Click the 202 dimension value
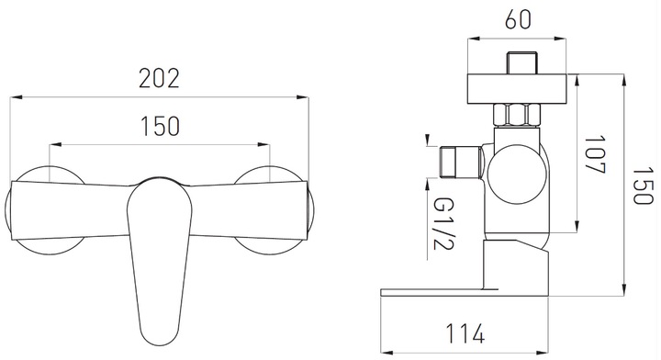pos(160,78)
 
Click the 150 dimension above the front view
pos(160,126)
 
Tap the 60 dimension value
pos(518,19)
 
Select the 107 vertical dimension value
pos(595,154)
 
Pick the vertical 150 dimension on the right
pos(643,186)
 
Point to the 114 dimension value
pos(465,333)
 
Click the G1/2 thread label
pos(443,223)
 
